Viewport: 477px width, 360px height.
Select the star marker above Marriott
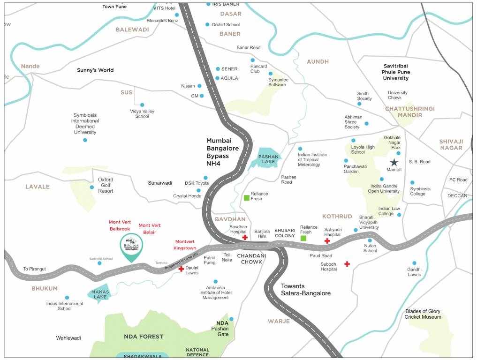[x=394, y=162]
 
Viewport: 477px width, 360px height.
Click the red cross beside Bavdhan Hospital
[x=245, y=238]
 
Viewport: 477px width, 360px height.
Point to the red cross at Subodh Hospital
[x=347, y=264]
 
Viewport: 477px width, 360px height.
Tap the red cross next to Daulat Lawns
[x=181, y=269]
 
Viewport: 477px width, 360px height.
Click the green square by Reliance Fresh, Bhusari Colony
[x=303, y=239]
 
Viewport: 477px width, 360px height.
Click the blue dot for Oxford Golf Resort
[x=92, y=187]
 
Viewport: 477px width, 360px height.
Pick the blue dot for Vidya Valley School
[x=142, y=105]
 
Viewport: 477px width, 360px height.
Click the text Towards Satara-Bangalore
[x=305, y=290]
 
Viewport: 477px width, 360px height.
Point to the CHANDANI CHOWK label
[x=251, y=259]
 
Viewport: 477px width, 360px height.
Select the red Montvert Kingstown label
[x=185, y=244]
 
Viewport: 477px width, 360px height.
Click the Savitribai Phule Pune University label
[x=396, y=72]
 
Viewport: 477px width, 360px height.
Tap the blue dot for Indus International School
[x=67, y=298]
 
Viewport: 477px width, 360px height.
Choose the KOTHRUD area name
[x=337, y=216]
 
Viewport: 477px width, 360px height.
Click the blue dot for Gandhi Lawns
[x=414, y=263]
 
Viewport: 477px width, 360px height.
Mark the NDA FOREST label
[x=144, y=337]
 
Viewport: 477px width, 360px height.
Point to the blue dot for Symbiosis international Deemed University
[x=85, y=140]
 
